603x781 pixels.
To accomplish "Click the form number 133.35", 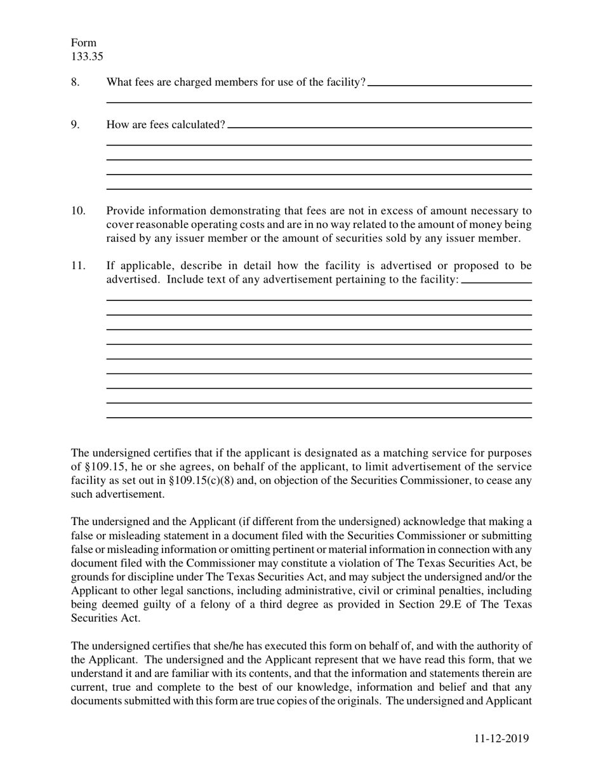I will coord(87,57).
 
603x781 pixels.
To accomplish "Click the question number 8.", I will coord(76,82).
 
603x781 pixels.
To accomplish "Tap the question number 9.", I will coord(76,124).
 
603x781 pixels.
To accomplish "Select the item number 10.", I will coord(77,211).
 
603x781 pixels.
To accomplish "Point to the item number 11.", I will coord(77,265).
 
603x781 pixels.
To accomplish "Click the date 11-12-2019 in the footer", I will coord(501,738).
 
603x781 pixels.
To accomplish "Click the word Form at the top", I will coord(83,43).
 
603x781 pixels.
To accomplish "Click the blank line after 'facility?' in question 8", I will coord(449,84).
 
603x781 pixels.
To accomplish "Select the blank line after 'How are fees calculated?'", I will coord(379,127).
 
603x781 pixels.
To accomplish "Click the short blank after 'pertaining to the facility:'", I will coord(496,282).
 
